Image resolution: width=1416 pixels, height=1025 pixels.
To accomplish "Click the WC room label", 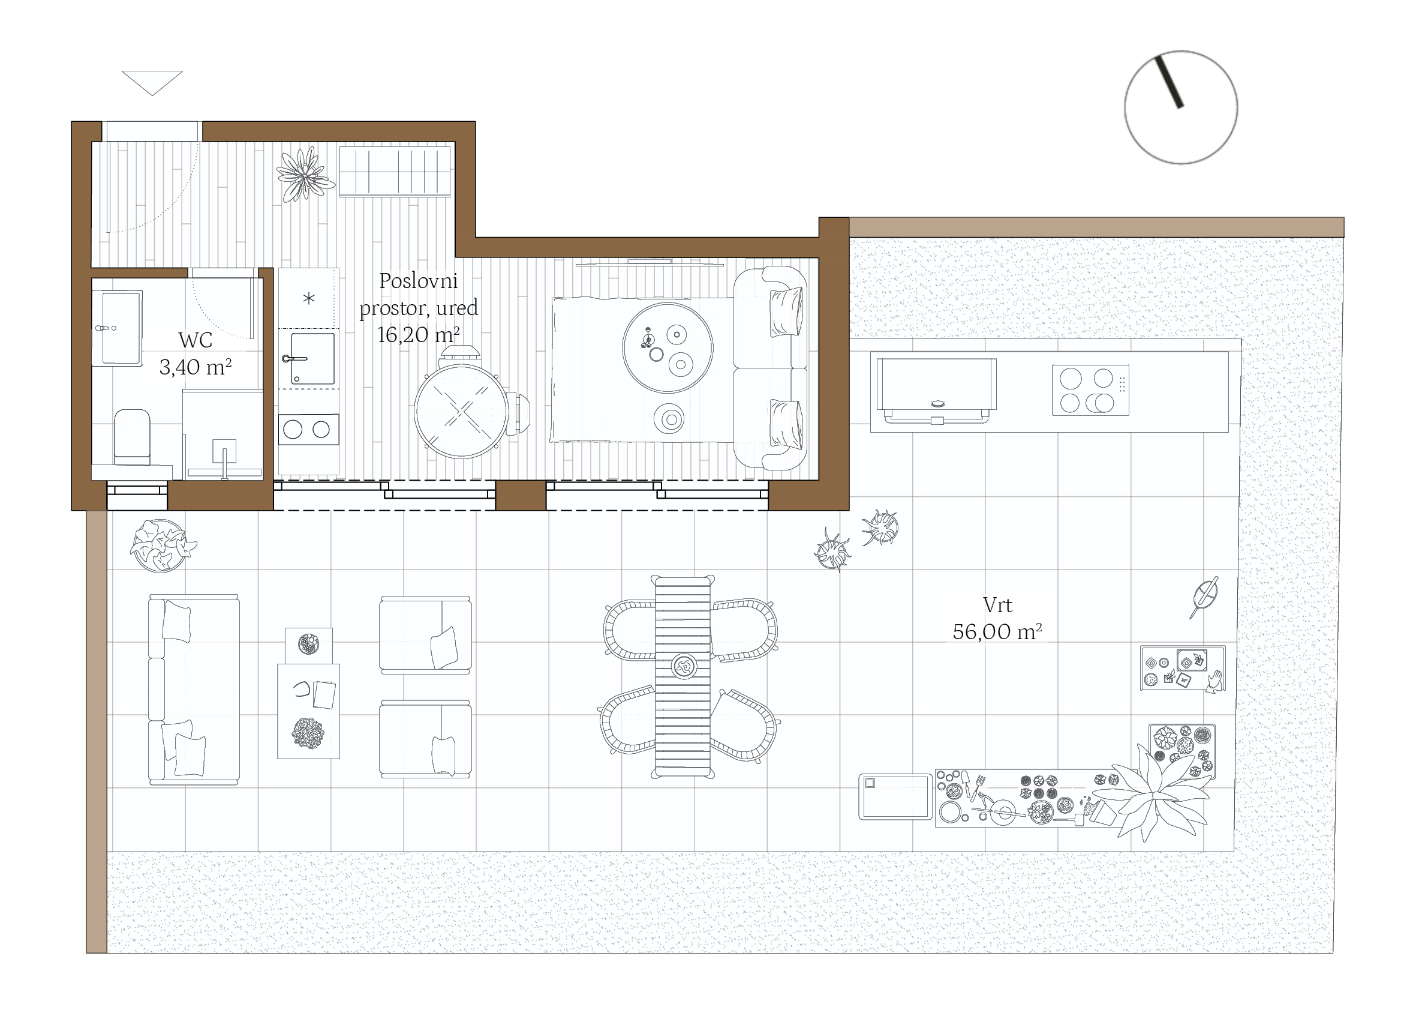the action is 196,340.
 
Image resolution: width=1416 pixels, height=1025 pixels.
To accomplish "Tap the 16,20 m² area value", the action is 418,335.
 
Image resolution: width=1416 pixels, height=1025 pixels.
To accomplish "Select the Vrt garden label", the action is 997,605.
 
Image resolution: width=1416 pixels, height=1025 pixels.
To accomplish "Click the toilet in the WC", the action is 133,437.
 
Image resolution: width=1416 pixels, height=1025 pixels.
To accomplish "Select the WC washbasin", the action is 118,328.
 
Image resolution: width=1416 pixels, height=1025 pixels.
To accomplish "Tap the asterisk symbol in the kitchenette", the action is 308,299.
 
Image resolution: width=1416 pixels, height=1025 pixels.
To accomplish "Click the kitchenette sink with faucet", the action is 311,358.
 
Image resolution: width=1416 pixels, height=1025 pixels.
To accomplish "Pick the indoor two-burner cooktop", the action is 308,429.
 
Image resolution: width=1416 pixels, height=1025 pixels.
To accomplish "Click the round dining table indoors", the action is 461,412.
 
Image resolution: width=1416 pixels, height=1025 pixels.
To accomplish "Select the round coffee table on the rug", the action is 668,348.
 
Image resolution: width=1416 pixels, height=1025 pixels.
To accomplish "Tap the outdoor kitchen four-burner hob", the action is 1090,391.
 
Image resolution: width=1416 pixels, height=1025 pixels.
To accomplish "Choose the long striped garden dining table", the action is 683,676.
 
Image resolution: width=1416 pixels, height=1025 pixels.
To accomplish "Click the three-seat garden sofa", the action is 194,689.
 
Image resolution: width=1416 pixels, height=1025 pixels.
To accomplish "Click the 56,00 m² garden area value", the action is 997,632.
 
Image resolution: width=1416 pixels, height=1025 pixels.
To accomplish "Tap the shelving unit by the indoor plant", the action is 395,171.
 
